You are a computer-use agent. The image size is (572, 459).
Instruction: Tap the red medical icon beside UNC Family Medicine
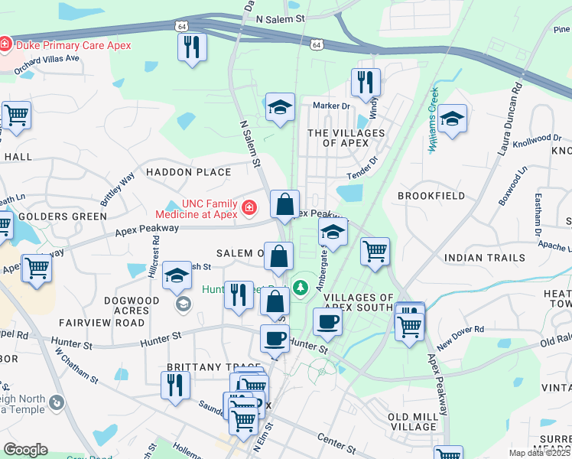(x=249, y=207)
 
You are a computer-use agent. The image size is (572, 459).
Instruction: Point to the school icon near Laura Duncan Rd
(x=452, y=119)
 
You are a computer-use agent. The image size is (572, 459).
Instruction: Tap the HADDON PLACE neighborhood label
(x=188, y=172)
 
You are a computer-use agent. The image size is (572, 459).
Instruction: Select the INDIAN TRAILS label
(x=483, y=258)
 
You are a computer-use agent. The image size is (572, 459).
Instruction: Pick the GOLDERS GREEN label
(x=63, y=216)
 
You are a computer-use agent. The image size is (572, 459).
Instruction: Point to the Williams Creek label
(x=433, y=119)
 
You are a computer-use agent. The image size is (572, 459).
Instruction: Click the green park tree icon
(x=301, y=287)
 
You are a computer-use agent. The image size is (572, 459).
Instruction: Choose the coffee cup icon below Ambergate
(x=327, y=322)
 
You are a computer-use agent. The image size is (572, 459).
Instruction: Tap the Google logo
(x=25, y=450)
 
